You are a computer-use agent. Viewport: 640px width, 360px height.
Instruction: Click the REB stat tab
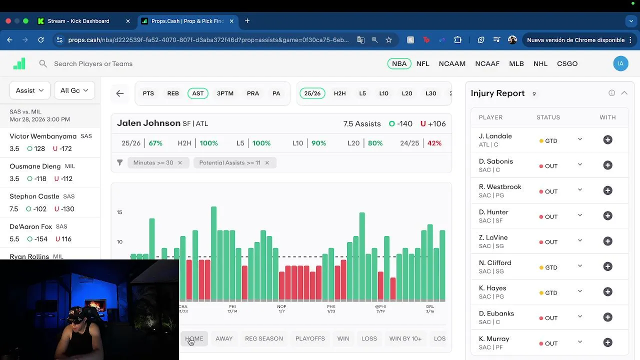(x=173, y=93)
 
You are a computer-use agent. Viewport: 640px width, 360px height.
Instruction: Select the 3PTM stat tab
(x=225, y=93)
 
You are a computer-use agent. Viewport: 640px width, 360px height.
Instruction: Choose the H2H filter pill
(x=339, y=93)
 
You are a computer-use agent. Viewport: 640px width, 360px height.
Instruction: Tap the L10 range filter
(x=383, y=93)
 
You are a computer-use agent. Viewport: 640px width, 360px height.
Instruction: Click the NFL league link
(x=422, y=63)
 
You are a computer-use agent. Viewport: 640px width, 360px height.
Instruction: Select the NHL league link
(x=540, y=63)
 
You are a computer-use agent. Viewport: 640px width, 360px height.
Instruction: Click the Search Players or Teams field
(x=93, y=63)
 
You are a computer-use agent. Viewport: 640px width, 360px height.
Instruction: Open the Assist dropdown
(x=30, y=90)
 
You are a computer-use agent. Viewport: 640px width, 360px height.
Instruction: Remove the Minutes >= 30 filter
(x=180, y=162)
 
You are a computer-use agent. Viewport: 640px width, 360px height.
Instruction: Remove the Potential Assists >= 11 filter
(x=267, y=162)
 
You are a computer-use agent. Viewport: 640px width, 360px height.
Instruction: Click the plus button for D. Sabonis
(x=607, y=165)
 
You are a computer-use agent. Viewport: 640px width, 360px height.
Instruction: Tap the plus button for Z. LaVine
(x=607, y=241)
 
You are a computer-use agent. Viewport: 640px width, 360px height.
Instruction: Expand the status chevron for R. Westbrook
(x=580, y=190)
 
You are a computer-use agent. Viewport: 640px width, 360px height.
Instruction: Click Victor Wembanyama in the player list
(x=43, y=136)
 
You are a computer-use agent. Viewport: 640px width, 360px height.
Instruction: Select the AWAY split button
(x=224, y=338)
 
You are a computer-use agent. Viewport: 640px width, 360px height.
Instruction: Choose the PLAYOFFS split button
(x=310, y=338)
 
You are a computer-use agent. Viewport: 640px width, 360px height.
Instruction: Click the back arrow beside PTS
(x=120, y=93)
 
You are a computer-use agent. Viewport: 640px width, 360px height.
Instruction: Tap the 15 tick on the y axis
(x=119, y=212)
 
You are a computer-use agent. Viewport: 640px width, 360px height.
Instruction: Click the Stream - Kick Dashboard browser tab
(x=78, y=21)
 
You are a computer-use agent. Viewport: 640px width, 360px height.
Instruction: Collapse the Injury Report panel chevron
(x=624, y=93)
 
